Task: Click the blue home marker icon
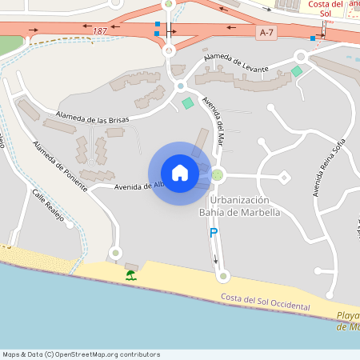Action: pos(179,172)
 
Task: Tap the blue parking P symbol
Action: pos(213,233)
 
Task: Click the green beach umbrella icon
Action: pos(130,275)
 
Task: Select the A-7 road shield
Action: pos(267,32)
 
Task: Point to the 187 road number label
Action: pos(99,30)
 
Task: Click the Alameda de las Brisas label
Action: pos(93,118)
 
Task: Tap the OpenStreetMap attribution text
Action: pos(81,354)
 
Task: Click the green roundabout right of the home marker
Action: pos(217,174)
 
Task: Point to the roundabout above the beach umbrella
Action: pos(116,253)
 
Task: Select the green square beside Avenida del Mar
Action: pos(188,103)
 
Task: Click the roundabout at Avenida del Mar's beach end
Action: pos(223,276)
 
